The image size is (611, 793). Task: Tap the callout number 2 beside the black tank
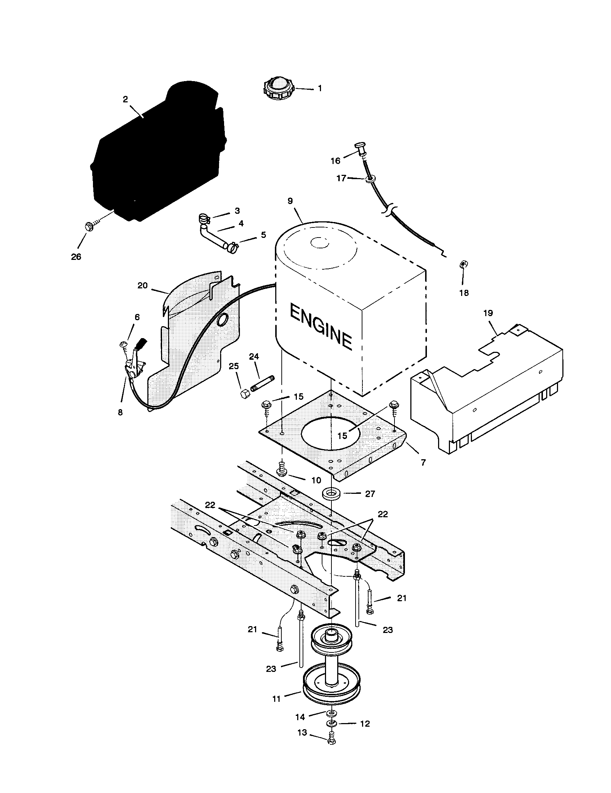[125, 99]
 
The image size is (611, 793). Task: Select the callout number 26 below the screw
[76, 257]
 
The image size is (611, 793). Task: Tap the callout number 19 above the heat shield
[488, 313]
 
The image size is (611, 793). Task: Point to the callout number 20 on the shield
[143, 285]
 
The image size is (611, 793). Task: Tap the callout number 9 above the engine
[290, 201]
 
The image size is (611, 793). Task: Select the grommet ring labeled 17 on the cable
[369, 179]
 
